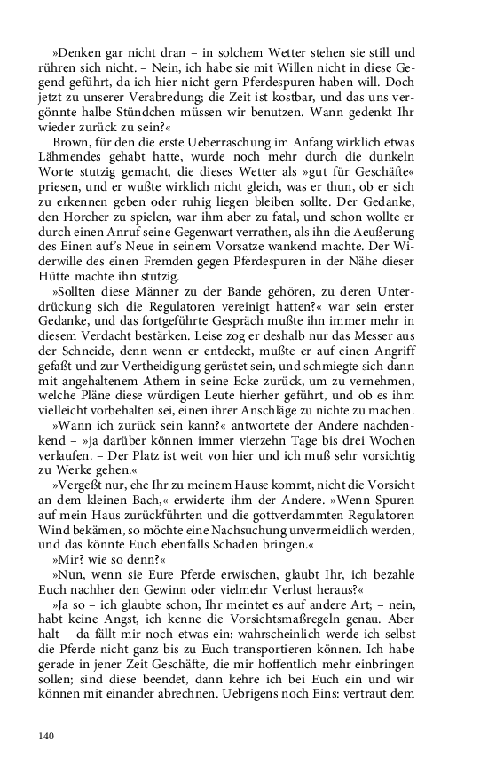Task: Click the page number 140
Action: pyautogui.click(x=46, y=735)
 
